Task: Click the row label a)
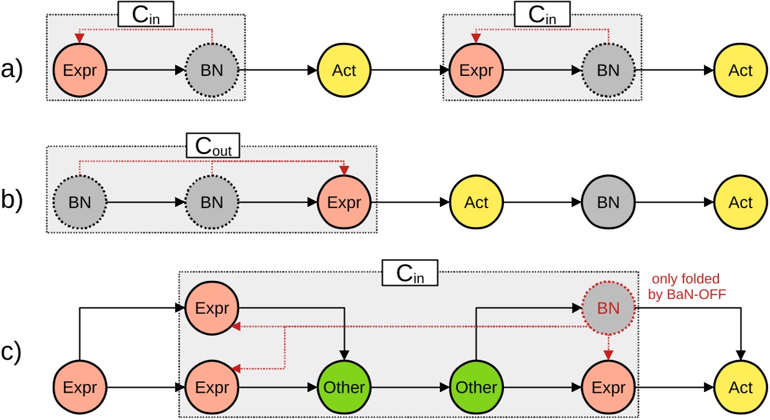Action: [x=12, y=71]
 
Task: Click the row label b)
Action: [x=12, y=203]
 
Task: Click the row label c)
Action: [x=12, y=352]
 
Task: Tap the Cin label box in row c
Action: [x=410, y=273]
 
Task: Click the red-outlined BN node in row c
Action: [x=608, y=307]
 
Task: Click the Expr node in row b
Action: [x=344, y=203]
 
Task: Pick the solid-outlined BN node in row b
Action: [x=608, y=203]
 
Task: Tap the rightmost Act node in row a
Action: [x=740, y=71]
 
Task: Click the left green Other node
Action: [x=344, y=388]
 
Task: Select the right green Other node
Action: [x=476, y=388]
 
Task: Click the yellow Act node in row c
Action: [x=740, y=388]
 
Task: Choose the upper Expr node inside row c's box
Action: [x=212, y=307]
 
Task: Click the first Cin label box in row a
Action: [x=146, y=14]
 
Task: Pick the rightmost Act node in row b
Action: [x=740, y=203]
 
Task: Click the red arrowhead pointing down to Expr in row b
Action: [x=344, y=171]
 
